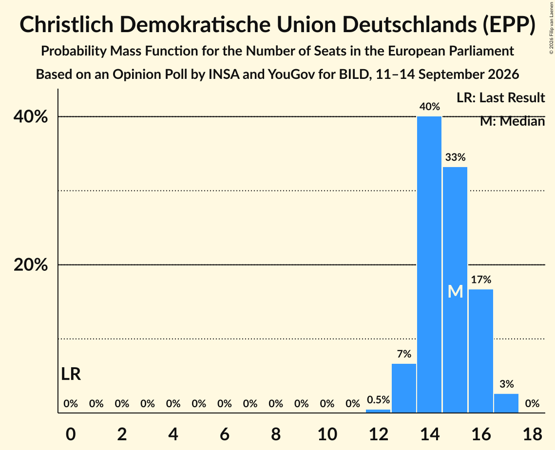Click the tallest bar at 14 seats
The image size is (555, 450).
point(429,264)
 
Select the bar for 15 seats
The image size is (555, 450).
point(455,290)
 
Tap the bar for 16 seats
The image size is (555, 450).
point(480,351)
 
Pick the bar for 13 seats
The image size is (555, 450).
point(404,388)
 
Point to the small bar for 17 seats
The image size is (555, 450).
point(506,403)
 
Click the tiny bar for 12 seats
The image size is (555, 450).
point(378,411)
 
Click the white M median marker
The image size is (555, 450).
point(455,292)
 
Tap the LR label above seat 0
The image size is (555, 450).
point(71,374)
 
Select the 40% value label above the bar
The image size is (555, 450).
point(430,107)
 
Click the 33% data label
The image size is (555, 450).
point(455,157)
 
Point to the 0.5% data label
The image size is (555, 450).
point(379,400)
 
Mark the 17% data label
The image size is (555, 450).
point(481,280)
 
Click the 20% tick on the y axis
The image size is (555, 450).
point(30,264)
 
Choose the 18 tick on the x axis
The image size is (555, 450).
point(532,434)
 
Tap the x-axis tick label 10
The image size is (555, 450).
point(327,434)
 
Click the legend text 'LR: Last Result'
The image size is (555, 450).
point(500,97)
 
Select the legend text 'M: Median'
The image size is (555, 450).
point(512,121)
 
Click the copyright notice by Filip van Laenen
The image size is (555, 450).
point(551,28)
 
